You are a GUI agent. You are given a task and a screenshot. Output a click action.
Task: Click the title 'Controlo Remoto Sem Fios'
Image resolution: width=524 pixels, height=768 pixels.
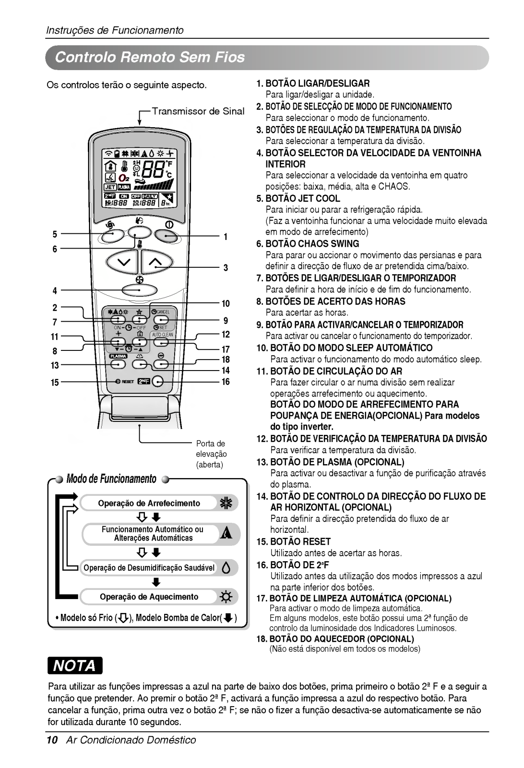pyautogui.click(x=150, y=58)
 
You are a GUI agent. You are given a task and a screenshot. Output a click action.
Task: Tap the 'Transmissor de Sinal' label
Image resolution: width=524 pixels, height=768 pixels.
pyautogui.click(x=198, y=111)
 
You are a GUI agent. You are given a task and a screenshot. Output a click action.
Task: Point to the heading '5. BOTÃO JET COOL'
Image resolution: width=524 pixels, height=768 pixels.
pyautogui.click(x=298, y=198)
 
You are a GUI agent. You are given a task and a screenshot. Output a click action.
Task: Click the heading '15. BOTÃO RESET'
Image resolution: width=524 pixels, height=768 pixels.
pyautogui.click(x=293, y=541)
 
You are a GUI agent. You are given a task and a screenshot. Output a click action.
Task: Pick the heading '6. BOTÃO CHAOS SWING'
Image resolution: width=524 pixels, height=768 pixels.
pyautogui.click(x=308, y=244)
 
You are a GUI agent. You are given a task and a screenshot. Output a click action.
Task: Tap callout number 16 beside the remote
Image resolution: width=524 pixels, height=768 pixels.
pyautogui.click(x=226, y=382)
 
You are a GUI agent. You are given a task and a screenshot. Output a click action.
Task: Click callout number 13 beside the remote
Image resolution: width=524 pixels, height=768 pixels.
pyautogui.click(x=55, y=366)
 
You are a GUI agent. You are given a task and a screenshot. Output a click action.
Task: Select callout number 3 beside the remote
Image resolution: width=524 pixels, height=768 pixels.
pyautogui.click(x=225, y=268)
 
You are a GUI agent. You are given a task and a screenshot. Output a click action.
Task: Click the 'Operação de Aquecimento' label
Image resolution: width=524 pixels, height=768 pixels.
pyautogui.click(x=149, y=597)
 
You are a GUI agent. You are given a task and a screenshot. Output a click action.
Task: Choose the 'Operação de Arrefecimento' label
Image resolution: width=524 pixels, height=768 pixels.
pyautogui.click(x=149, y=504)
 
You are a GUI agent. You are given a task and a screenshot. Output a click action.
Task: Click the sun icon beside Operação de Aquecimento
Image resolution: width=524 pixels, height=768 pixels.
pyautogui.click(x=226, y=597)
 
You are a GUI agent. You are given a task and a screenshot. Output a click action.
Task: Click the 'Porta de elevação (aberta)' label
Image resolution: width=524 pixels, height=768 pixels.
pyautogui.click(x=211, y=454)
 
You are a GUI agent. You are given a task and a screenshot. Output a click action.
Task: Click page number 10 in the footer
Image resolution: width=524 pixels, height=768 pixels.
pyautogui.click(x=52, y=740)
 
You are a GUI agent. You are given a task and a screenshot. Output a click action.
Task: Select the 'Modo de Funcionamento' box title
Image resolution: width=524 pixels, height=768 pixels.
pyautogui.click(x=111, y=479)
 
